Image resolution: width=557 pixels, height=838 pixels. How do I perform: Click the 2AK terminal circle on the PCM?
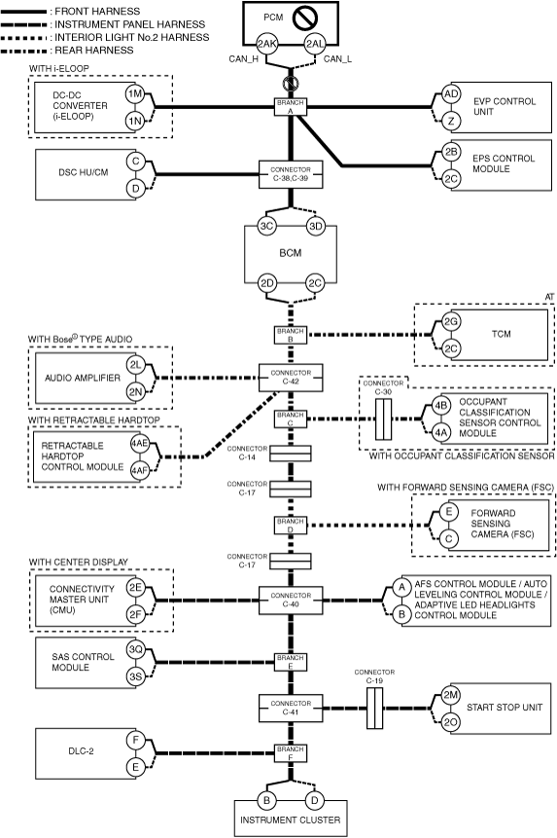point(267,45)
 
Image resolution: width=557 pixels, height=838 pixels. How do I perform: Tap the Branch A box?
point(291,107)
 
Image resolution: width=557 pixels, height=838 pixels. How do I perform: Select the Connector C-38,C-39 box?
point(291,174)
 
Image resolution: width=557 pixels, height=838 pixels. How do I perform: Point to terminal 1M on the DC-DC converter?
point(135,94)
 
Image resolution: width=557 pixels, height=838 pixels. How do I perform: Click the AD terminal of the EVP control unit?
point(451,94)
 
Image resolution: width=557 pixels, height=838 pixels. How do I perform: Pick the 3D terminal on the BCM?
point(316,226)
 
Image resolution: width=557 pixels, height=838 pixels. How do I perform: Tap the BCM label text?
point(291,253)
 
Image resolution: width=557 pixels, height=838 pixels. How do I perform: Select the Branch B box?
point(291,335)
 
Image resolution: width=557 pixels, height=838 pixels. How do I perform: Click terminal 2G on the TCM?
point(451,322)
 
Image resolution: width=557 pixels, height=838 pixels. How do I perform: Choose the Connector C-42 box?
point(291,378)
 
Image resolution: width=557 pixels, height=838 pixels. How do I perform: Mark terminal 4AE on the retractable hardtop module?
point(140,443)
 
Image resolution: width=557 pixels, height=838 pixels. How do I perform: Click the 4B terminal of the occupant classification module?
point(440,405)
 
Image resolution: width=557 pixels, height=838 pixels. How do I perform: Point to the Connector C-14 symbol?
point(291,454)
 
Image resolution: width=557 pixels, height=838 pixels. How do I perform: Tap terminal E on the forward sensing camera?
point(449,512)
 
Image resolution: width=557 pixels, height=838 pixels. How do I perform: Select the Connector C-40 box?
point(291,601)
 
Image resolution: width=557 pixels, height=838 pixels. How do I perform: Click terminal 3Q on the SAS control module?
point(135,650)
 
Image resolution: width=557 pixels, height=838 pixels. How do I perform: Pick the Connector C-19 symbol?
point(374,709)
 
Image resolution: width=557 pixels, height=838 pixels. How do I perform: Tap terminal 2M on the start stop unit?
point(451,695)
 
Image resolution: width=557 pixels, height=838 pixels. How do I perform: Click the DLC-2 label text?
point(81,750)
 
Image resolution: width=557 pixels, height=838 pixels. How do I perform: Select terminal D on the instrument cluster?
point(315,800)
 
